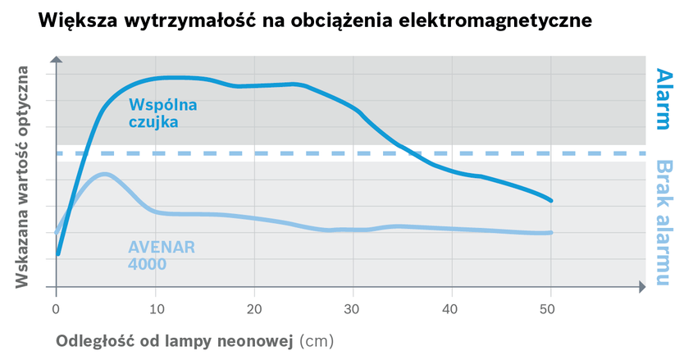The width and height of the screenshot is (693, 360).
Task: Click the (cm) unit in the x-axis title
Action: (x=317, y=339)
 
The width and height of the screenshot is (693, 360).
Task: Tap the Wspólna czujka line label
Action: (x=162, y=113)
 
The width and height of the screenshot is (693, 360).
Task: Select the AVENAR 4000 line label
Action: (x=161, y=255)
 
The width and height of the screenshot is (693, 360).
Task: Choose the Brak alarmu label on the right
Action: (x=663, y=223)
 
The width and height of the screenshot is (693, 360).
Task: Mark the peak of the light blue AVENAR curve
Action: (x=103, y=174)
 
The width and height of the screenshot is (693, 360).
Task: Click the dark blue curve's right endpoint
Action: (x=551, y=200)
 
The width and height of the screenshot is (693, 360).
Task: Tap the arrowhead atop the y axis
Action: (x=56, y=60)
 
